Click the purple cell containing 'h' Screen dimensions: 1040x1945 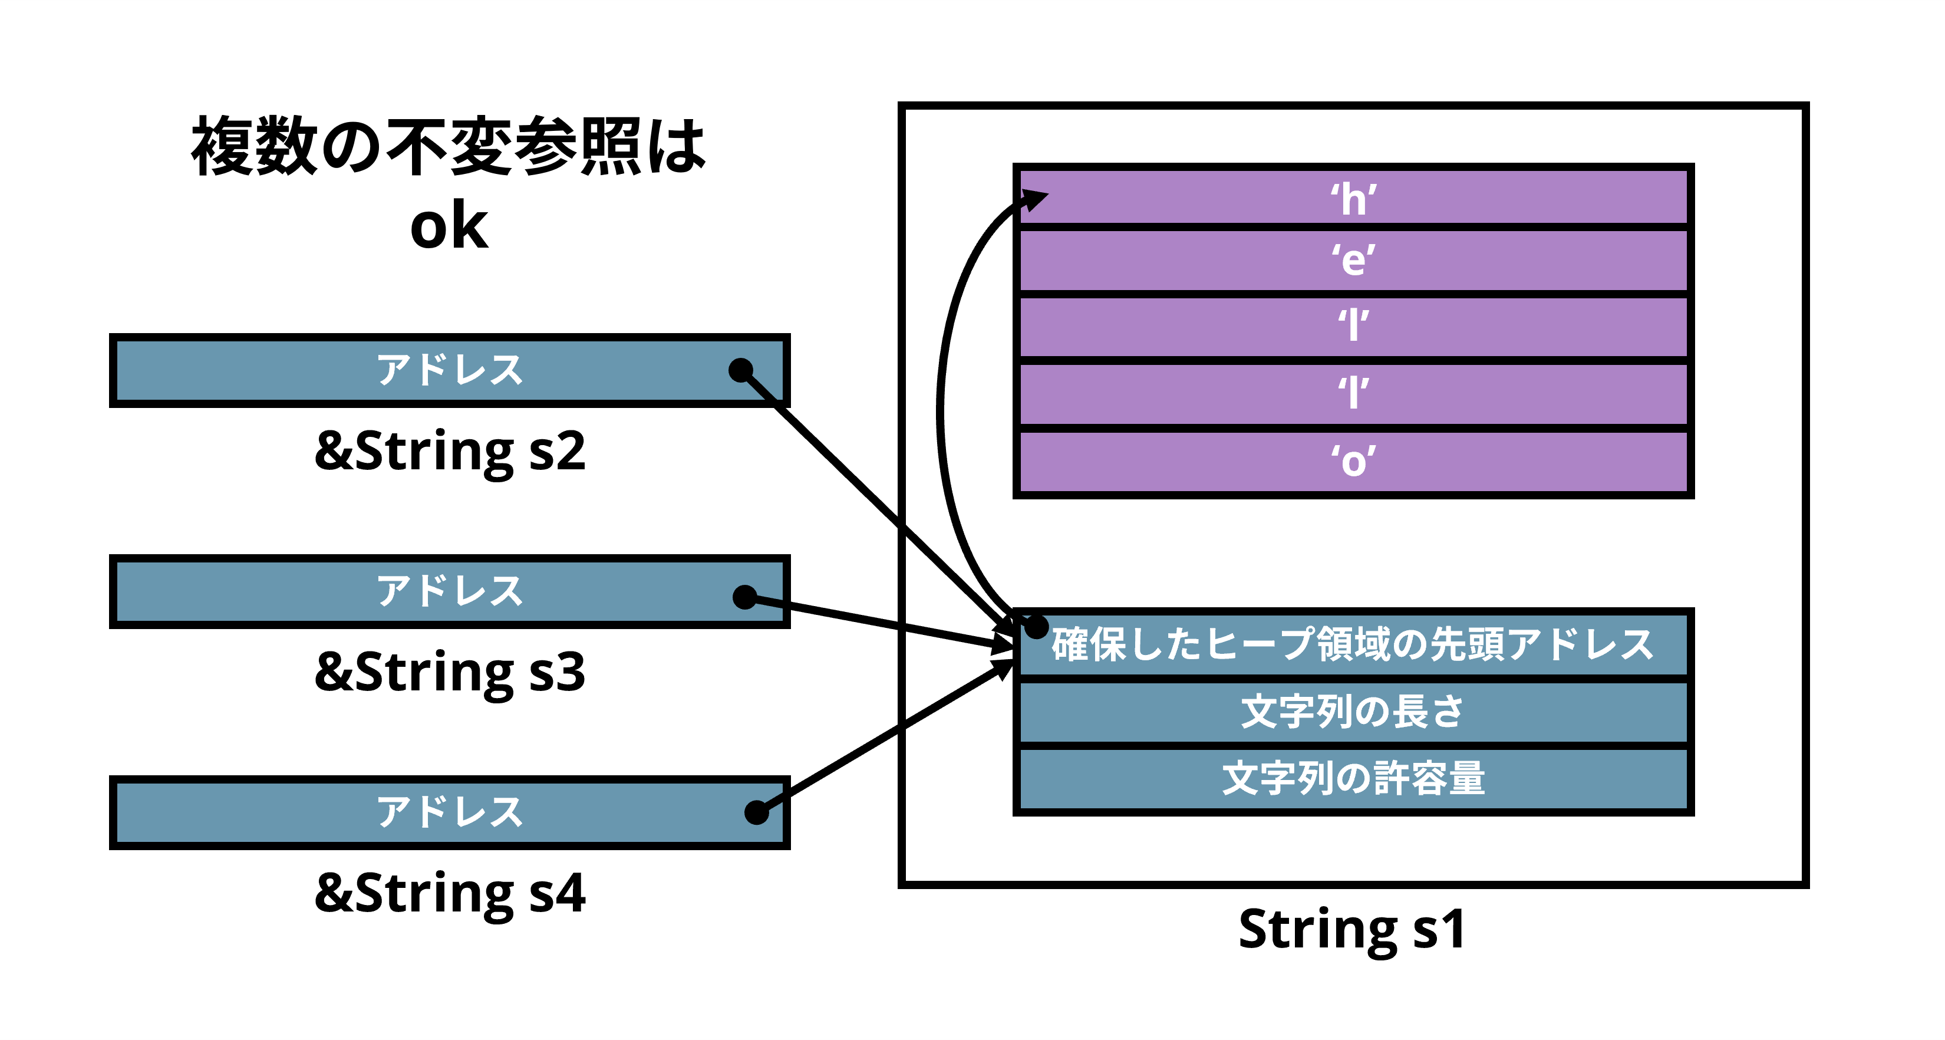pyautogui.click(x=1353, y=198)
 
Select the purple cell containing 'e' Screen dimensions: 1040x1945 pyautogui.click(x=1353, y=261)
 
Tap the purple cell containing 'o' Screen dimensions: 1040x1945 pyautogui.click(x=1353, y=460)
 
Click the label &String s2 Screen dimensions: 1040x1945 pyautogui.click(x=450, y=451)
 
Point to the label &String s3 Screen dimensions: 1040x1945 pyautogui.click(x=450, y=672)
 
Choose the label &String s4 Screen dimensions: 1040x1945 pyautogui.click(x=450, y=893)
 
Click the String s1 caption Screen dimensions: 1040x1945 pyautogui.click(x=1351, y=929)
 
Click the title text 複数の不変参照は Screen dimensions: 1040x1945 pyautogui.click(x=449, y=146)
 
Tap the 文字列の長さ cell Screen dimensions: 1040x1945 pyautogui.click(x=1353, y=712)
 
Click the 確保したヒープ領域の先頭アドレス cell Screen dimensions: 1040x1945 pyautogui.click(x=1353, y=644)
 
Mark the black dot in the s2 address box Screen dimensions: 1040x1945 pyautogui.click(x=741, y=370)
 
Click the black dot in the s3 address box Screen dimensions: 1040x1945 pyautogui.click(x=744, y=597)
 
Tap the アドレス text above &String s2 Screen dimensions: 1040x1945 pyautogui.click(x=450, y=370)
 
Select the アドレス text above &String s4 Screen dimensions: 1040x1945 pyautogui.click(x=450, y=812)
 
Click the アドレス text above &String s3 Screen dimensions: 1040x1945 pyautogui.click(x=450, y=591)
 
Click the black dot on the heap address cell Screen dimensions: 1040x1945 pyautogui.click(x=1037, y=626)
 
